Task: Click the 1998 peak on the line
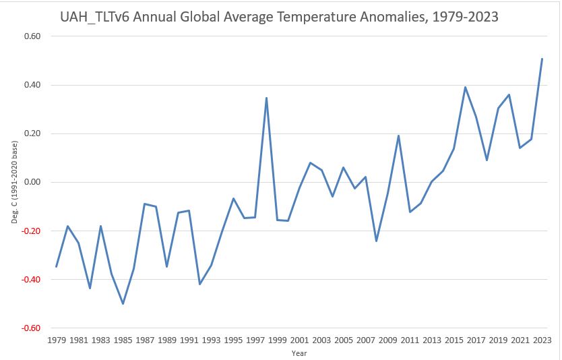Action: [x=266, y=98]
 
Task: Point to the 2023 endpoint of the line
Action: [x=542, y=59]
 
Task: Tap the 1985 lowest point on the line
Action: [x=123, y=303]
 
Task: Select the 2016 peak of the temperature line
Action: [x=465, y=87]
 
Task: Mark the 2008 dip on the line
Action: [x=376, y=241]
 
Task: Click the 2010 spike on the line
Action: [x=398, y=136]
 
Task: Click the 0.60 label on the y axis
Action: [x=32, y=36]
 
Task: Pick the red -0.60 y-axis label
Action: [x=31, y=328]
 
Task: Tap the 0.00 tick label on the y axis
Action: [x=32, y=182]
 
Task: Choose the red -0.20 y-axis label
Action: [x=31, y=231]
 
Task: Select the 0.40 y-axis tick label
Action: [x=32, y=85]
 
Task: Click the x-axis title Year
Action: [x=299, y=353]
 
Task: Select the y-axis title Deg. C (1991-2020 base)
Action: [x=10, y=183]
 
